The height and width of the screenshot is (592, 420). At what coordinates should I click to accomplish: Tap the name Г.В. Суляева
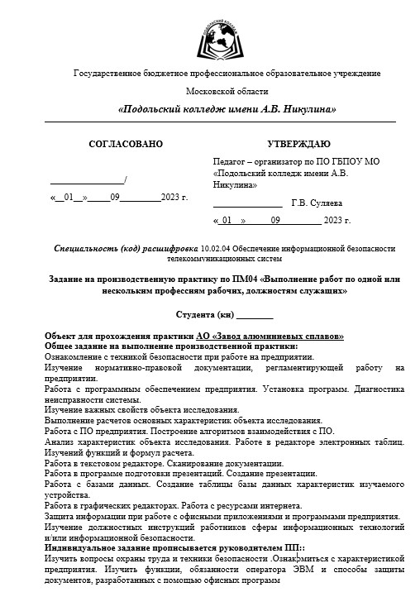pyautogui.click(x=317, y=203)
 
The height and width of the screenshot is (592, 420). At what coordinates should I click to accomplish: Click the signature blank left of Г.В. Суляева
pyautogui.click(x=247, y=203)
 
